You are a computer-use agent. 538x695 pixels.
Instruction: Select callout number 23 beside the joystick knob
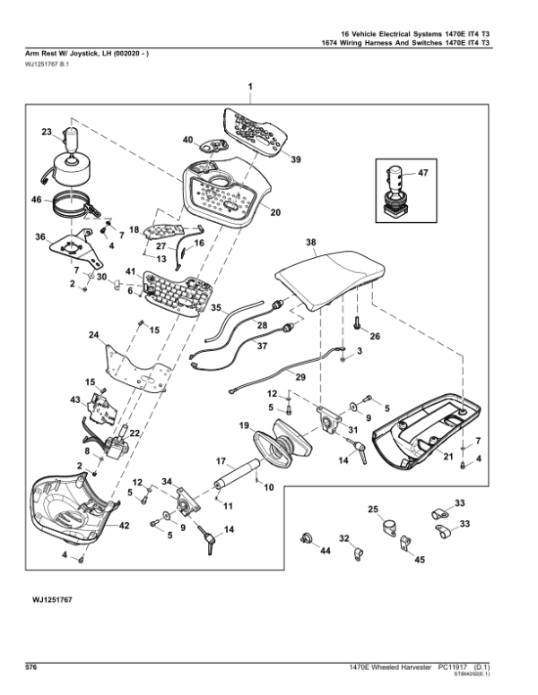click(47, 133)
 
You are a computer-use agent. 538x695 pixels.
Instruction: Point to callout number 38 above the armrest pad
click(311, 243)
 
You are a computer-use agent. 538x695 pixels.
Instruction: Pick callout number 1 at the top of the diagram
click(250, 86)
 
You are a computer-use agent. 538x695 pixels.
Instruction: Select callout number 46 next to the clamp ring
click(38, 201)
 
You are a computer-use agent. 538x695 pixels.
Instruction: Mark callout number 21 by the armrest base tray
click(445, 457)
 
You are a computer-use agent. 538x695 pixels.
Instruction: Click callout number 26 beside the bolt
click(375, 336)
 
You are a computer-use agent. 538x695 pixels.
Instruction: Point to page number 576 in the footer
click(30, 667)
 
